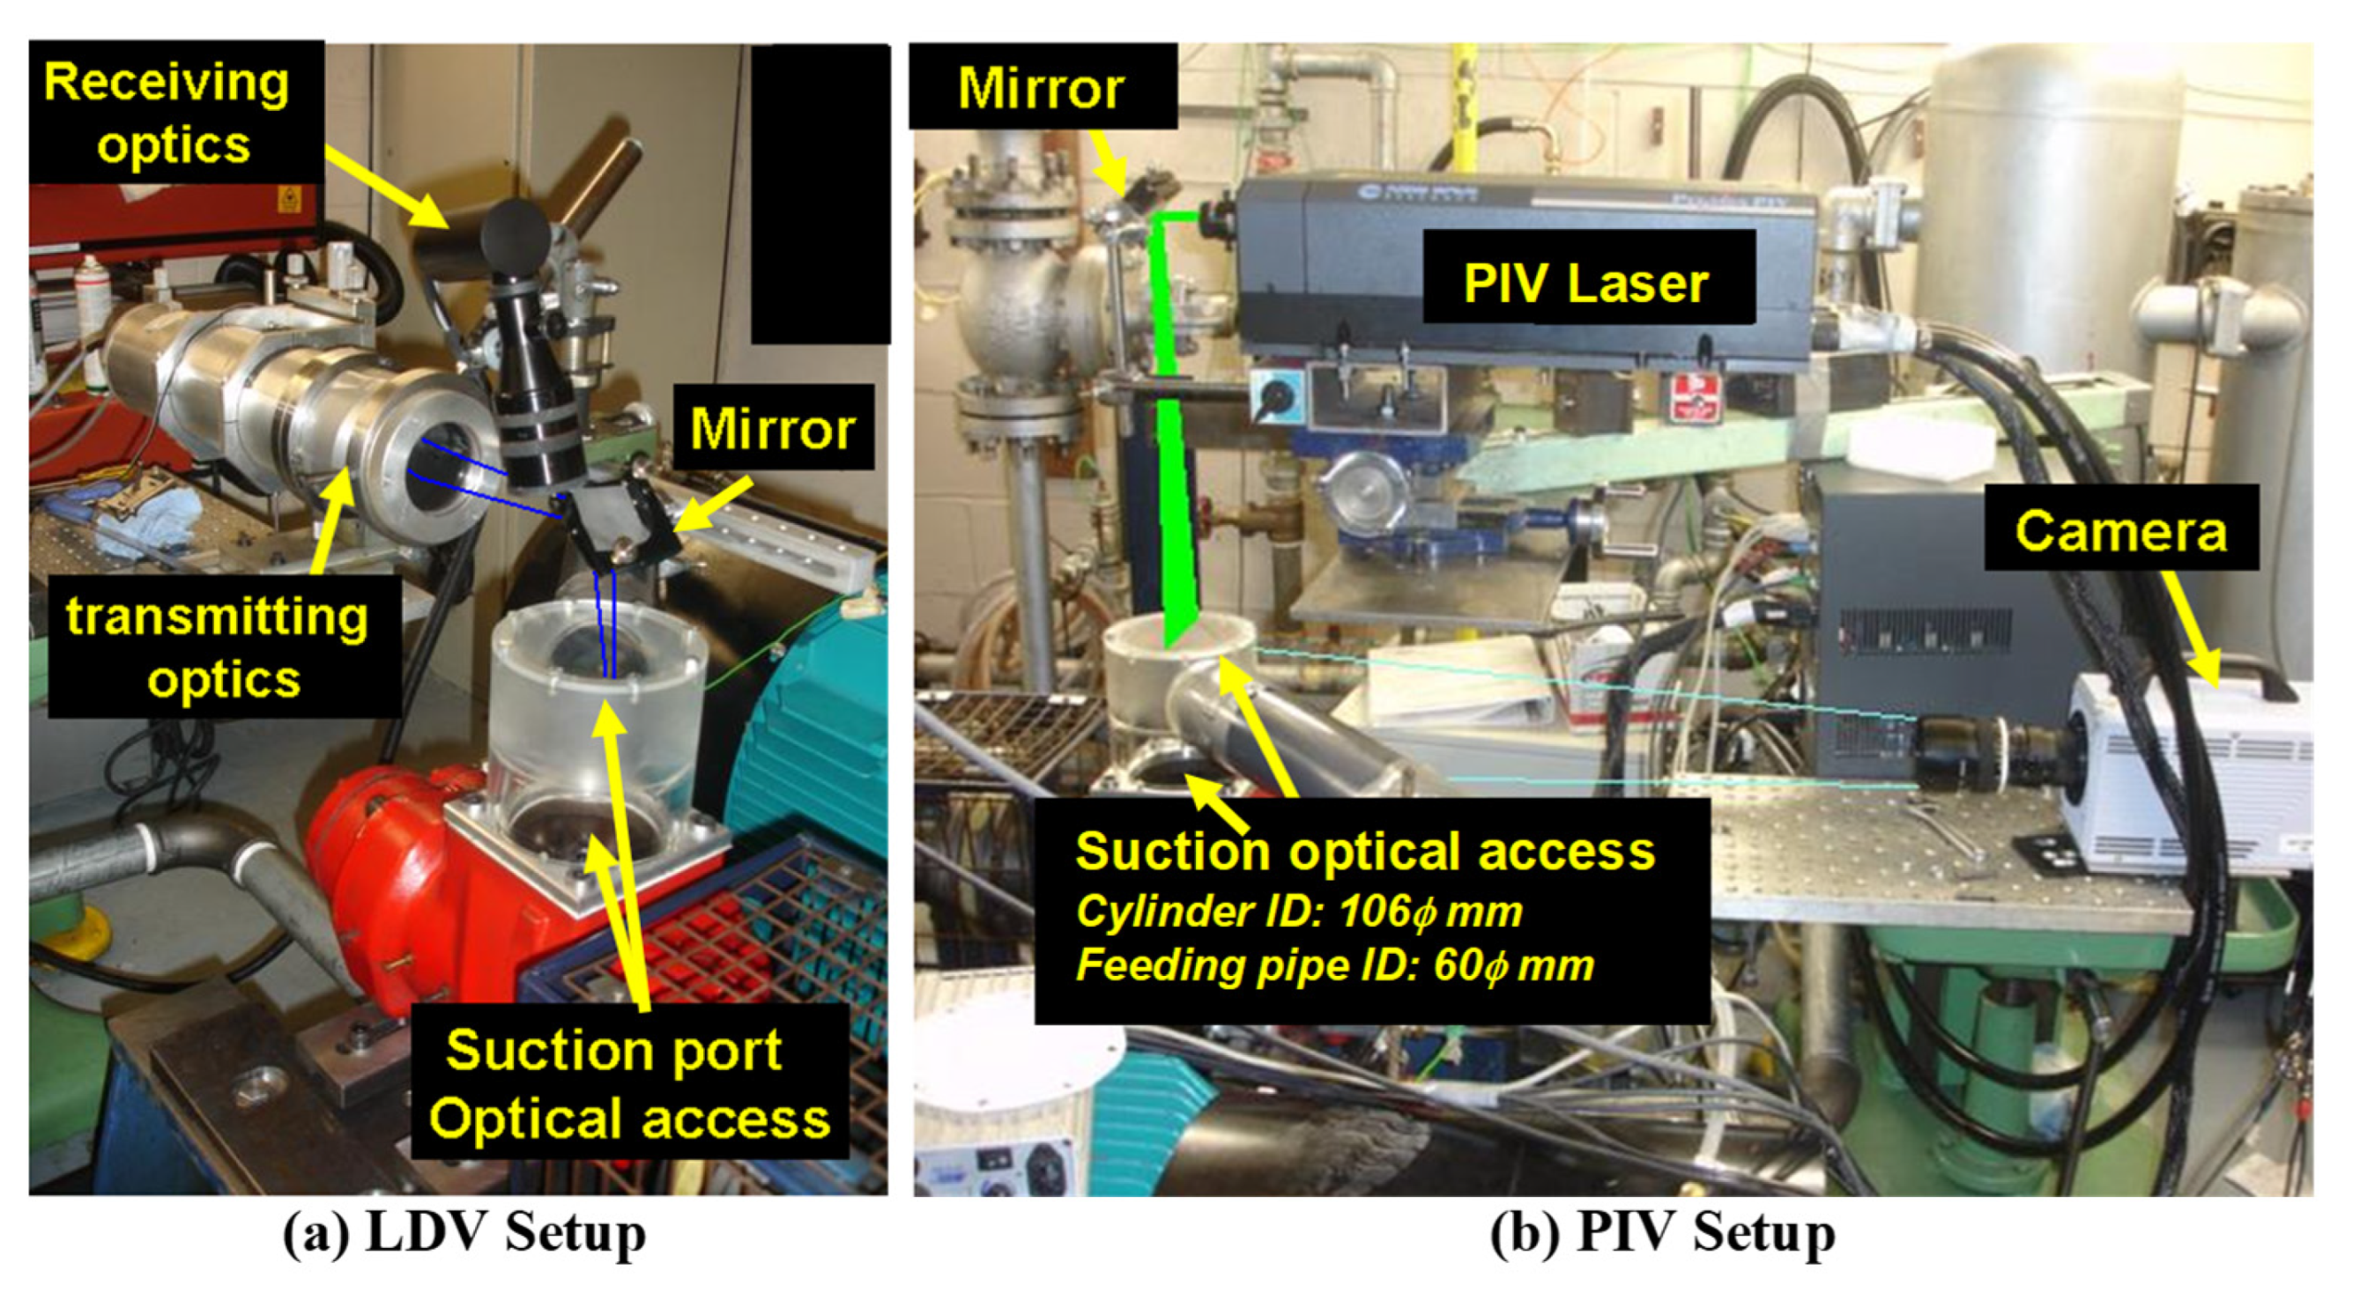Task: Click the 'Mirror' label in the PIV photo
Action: [x=1041, y=88]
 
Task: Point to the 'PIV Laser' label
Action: [x=1586, y=282]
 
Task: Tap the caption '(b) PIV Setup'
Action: [x=1662, y=1232]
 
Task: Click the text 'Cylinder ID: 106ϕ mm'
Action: [x=1298, y=911]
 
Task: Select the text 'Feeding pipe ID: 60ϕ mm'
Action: [x=1334, y=965]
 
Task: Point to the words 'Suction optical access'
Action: [x=1365, y=851]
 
